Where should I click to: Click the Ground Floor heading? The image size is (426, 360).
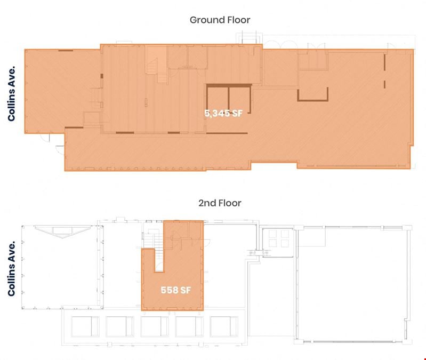pyautogui.click(x=220, y=20)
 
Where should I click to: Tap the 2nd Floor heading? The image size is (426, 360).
pyautogui.click(x=220, y=203)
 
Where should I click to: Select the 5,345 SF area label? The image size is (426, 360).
pyautogui.click(x=223, y=113)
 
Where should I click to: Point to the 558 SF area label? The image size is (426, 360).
pyautogui.click(x=176, y=290)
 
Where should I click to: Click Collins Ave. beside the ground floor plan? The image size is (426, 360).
pyautogui.click(x=11, y=94)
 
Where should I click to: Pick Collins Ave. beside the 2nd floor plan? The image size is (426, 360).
pyautogui.click(x=11, y=269)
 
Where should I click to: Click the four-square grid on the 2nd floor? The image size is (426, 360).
pyautogui.click(x=278, y=238)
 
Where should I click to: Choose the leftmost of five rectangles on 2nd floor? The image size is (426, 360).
pyautogui.click(x=85, y=326)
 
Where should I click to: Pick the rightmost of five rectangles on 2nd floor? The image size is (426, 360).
pyautogui.click(x=224, y=326)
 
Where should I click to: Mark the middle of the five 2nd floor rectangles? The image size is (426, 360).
pyautogui.click(x=155, y=326)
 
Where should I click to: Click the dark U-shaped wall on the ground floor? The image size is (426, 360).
pyautogui.click(x=313, y=100)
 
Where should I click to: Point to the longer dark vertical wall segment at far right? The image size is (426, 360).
pyautogui.click(x=384, y=62)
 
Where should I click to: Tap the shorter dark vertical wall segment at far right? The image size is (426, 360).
pyautogui.click(x=384, y=84)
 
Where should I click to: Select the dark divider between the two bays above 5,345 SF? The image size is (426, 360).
pyautogui.click(x=229, y=99)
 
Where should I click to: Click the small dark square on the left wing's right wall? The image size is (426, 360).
pyautogui.click(x=102, y=76)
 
